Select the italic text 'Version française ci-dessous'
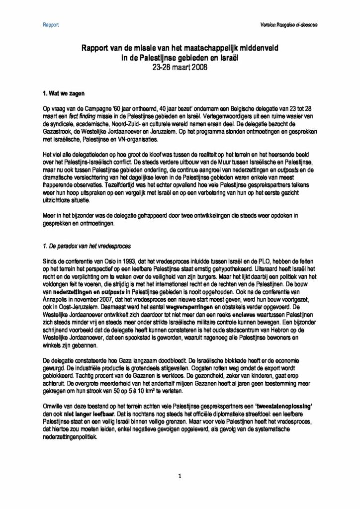click(289, 24)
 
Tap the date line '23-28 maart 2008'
click(180, 66)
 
